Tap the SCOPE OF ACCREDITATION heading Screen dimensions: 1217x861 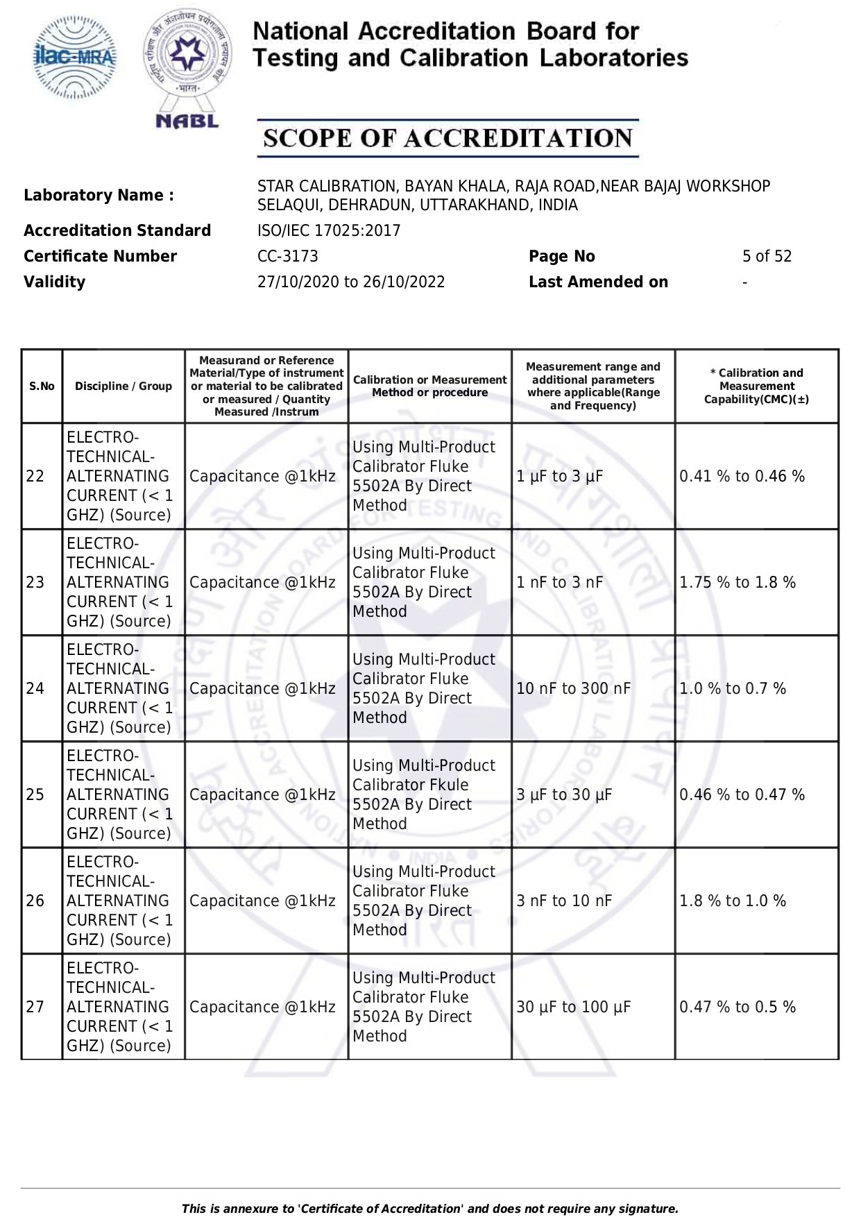447,138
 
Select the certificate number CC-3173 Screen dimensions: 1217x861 287,256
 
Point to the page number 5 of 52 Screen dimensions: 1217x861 767,256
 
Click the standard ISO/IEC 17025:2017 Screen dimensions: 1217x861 329,230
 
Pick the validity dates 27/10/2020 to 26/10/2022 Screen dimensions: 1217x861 351,282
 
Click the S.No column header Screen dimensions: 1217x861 42,386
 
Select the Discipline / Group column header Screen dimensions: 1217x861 123,386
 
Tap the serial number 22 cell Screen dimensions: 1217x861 35,476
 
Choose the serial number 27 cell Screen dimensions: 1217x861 35,1007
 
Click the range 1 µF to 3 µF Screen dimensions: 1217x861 560,476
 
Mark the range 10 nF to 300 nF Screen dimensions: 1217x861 574,688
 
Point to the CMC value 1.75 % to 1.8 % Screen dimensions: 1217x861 738,582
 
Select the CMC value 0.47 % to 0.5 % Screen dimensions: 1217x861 738,1007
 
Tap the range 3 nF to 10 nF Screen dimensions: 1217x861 564,901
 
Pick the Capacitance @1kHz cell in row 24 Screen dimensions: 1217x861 262,688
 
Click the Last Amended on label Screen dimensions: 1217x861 598,282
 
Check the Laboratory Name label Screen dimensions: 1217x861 99,195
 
